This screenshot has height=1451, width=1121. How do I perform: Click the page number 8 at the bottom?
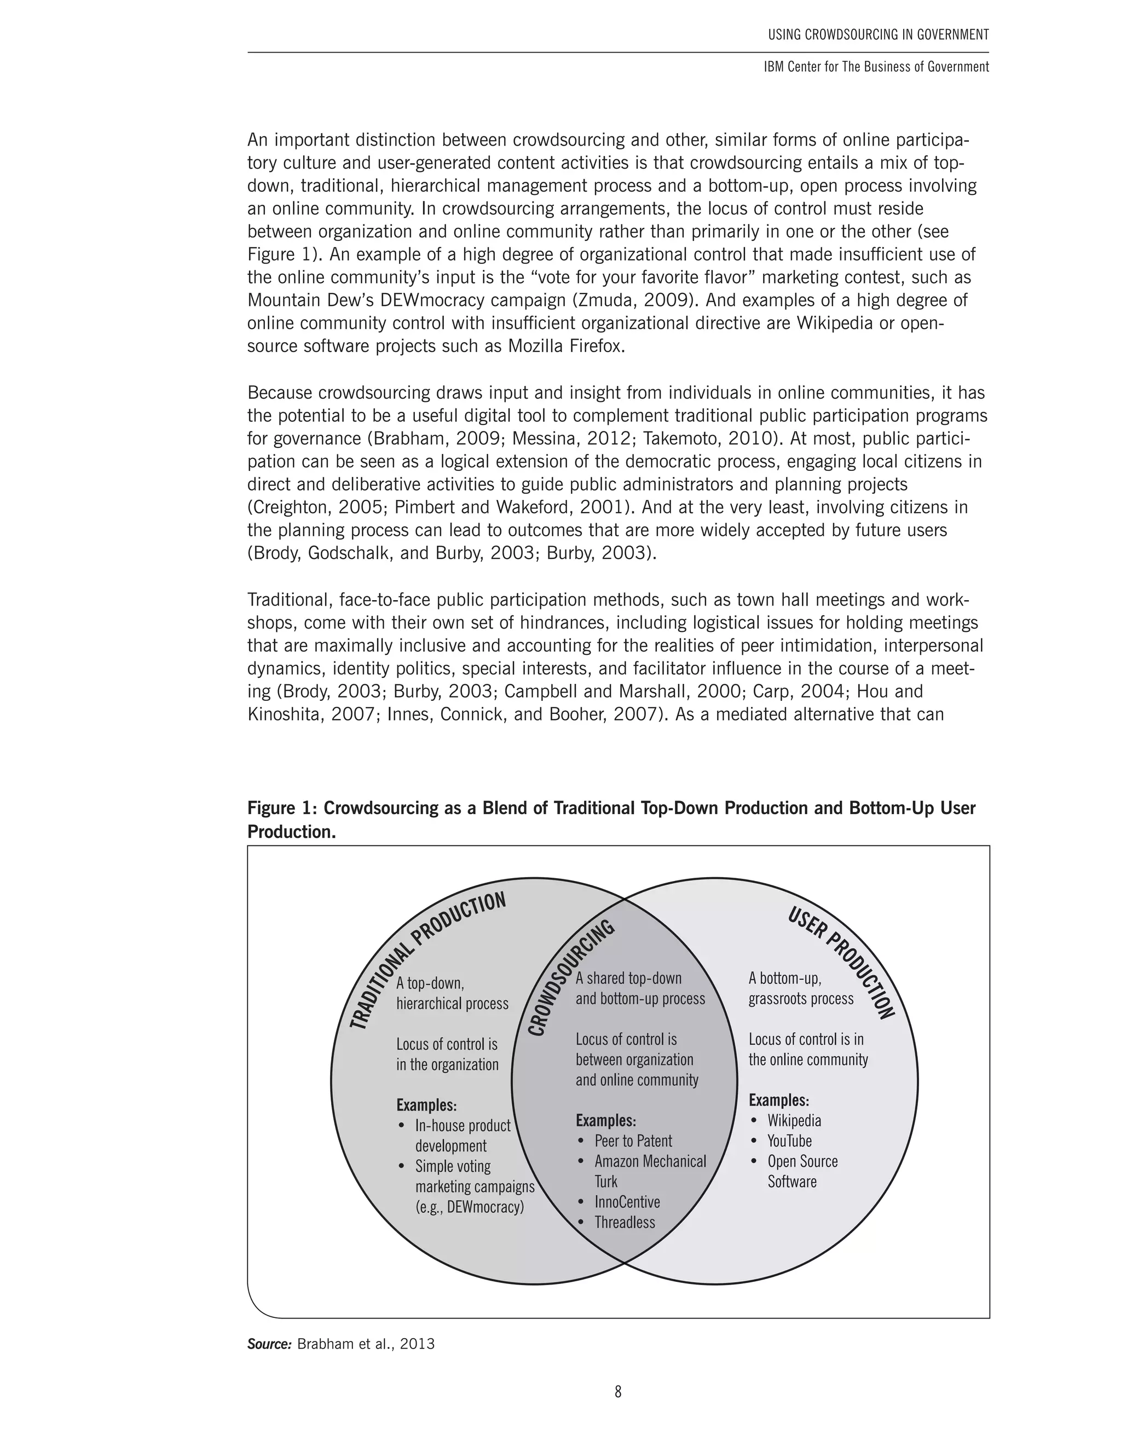coord(617,1391)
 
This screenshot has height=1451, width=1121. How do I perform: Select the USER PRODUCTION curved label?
coord(841,963)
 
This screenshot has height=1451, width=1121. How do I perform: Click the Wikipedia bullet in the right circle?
coord(794,1120)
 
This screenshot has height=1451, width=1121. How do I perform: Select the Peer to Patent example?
coord(633,1141)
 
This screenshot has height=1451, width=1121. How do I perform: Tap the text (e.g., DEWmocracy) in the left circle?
coord(470,1206)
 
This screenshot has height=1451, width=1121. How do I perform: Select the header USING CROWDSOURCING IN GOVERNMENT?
coord(878,34)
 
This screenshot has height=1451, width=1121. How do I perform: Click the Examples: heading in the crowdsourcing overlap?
coord(606,1120)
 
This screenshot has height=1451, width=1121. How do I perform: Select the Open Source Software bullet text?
coord(802,1171)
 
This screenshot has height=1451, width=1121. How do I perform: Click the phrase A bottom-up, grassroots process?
coord(800,988)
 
